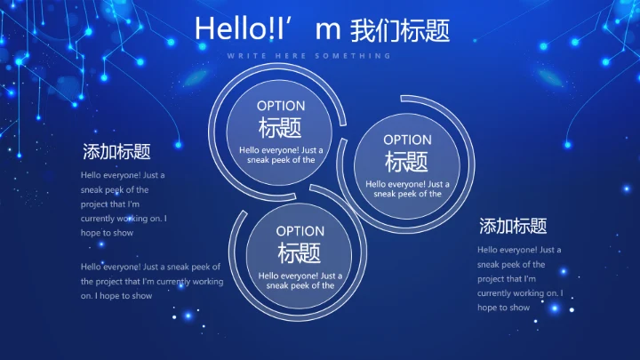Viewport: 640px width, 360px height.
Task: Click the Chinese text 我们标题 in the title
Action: pos(400,30)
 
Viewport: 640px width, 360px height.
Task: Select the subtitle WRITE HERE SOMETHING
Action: pos(308,55)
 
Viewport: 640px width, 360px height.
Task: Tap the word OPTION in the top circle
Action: pos(281,106)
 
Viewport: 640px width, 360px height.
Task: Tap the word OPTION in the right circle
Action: pos(407,140)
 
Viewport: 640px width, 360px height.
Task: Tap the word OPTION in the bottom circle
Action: pos(300,231)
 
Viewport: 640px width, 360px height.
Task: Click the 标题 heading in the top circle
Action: pos(281,128)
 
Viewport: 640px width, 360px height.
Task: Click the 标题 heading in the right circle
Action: pos(407,162)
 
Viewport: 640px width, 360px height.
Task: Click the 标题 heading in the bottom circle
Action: pos(300,253)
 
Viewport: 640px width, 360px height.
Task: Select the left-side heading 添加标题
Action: pos(116,151)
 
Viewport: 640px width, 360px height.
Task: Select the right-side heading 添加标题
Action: pos(513,226)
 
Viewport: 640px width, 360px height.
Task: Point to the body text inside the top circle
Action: pos(281,155)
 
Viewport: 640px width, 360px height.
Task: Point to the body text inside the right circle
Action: pos(407,188)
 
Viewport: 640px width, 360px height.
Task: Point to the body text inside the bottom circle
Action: pos(300,280)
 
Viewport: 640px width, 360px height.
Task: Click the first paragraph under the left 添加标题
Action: pos(124,204)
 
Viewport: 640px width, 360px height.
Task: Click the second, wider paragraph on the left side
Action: pos(151,281)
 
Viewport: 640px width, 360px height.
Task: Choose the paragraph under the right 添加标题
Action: pos(520,278)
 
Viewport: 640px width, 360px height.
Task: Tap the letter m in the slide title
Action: pos(328,30)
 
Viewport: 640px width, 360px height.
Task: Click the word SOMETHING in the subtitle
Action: pos(361,55)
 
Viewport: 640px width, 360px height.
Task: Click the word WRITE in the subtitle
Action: pos(242,55)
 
